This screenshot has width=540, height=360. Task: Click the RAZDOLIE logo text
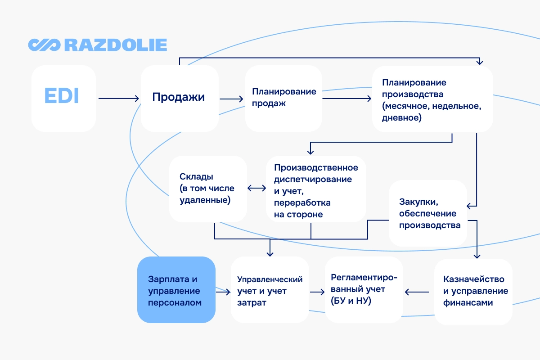coord(116,45)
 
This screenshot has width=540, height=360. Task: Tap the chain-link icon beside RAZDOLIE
coord(44,45)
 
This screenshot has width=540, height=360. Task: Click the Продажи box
coord(180,98)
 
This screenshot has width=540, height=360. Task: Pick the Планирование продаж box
coord(283,98)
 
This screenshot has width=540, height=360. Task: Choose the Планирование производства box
coord(432,99)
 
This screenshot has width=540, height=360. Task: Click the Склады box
coord(208,189)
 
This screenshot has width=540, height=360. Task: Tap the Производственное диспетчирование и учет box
coord(315,189)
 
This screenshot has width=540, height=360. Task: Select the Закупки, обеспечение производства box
coord(427,213)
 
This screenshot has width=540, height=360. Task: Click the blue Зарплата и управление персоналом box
coord(176,290)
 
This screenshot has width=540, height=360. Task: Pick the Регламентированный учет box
coord(364,289)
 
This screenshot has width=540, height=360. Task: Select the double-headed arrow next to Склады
coord(256,189)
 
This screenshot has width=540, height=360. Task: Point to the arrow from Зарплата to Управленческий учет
coord(223,292)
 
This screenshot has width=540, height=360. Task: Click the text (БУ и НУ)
coord(351,301)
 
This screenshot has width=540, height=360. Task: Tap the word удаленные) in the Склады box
coord(205,200)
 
